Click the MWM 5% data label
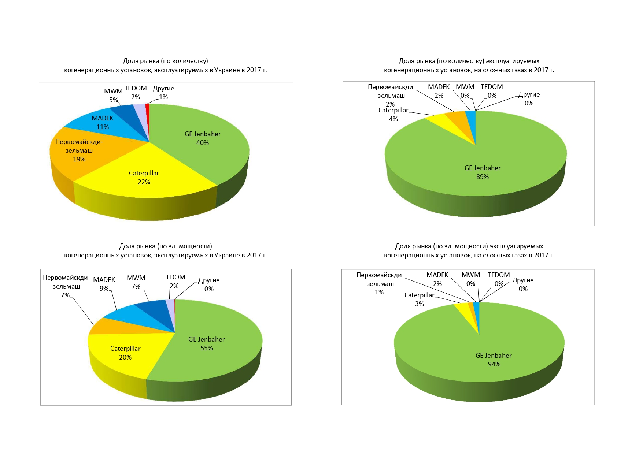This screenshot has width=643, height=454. [113, 96]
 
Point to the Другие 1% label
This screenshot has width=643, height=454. [163, 93]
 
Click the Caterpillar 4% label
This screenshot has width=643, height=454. [393, 115]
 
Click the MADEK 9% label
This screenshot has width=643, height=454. [104, 284]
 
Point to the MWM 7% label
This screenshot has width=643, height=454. [136, 282]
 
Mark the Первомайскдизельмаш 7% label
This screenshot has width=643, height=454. [65, 286]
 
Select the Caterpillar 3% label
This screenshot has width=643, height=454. [419, 299]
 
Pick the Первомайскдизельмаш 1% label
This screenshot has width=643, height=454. [379, 284]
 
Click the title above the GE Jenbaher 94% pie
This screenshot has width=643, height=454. [469, 251]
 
